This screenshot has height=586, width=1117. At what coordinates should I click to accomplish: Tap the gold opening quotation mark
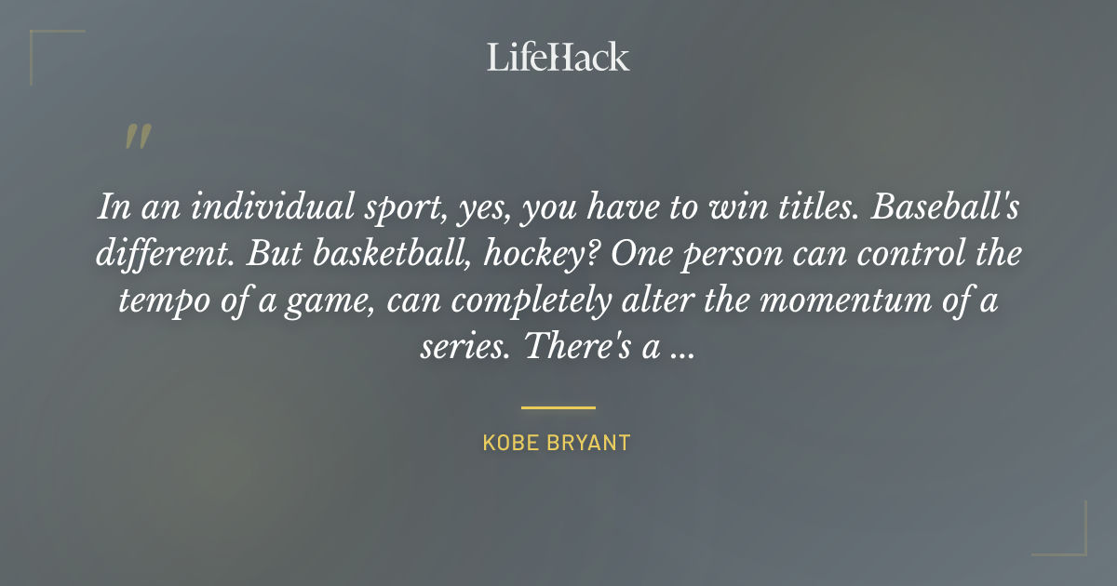(x=137, y=137)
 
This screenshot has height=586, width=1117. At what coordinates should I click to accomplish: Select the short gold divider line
(x=558, y=407)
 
